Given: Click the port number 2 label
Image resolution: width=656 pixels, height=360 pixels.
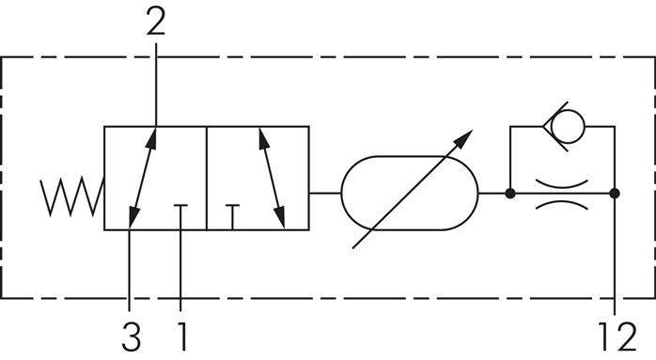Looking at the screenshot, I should pyautogui.click(x=155, y=22).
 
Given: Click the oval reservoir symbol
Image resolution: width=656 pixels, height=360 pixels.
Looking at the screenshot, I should pyautogui.click(x=409, y=193).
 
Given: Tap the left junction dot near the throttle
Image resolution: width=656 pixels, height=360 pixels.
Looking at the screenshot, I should pyautogui.click(x=509, y=194).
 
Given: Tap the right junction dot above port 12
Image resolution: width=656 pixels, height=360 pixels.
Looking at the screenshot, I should pyautogui.click(x=615, y=194).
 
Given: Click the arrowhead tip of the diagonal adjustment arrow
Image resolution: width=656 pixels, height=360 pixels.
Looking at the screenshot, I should pyautogui.click(x=467, y=134).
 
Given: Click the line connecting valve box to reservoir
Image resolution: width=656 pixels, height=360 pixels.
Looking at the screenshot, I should pyautogui.click(x=324, y=193).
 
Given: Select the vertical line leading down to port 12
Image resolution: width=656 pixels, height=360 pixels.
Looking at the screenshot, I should pyautogui.click(x=615, y=254).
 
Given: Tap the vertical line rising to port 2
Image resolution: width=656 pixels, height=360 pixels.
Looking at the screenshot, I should pyautogui.click(x=155, y=85).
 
